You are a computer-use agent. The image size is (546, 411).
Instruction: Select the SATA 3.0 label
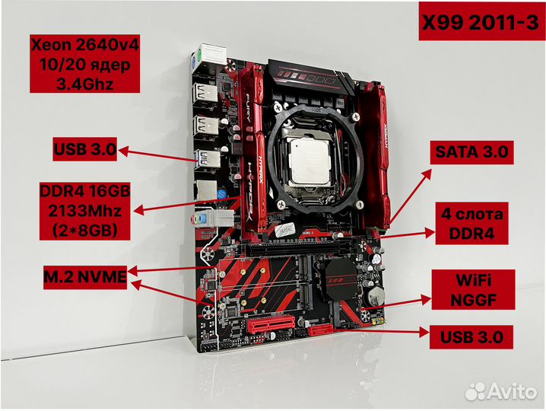coord(471,152)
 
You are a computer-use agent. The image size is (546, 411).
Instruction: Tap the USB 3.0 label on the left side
coord(84,150)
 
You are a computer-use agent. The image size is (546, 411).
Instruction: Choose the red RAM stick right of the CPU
coord(382,152)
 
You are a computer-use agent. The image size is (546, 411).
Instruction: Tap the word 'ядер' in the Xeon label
coord(107,63)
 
